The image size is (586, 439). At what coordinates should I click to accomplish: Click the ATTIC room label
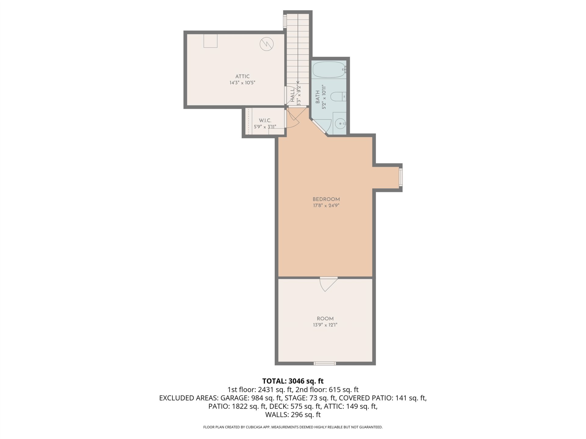pos(242,77)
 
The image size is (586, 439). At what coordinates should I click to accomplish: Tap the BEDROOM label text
pos(326,199)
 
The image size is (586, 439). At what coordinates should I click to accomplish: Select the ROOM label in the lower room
pos(325,319)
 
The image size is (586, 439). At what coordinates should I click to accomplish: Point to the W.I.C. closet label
pos(265,120)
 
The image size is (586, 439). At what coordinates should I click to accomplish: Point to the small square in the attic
pos(211,41)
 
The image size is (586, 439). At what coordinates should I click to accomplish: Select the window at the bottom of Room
pos(325,363)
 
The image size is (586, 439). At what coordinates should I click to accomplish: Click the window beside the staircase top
pos(285,21)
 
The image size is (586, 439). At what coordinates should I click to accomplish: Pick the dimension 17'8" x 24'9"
pos(326,205)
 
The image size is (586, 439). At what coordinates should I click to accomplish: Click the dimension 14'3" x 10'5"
pos(242,83)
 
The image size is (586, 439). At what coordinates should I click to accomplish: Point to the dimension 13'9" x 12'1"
pos(325,325)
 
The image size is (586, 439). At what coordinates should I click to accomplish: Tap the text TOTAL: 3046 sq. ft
pos(293,381)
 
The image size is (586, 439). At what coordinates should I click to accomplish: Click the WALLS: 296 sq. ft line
pos(293,415)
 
